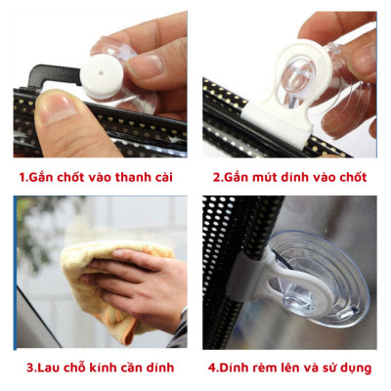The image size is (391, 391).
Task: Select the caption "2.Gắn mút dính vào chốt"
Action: click(290, 178)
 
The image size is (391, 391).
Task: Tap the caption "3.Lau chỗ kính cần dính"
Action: click(100, 368)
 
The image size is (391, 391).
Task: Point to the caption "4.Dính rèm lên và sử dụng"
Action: click(290, 368)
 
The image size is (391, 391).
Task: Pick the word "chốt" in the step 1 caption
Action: click(75, 178)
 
